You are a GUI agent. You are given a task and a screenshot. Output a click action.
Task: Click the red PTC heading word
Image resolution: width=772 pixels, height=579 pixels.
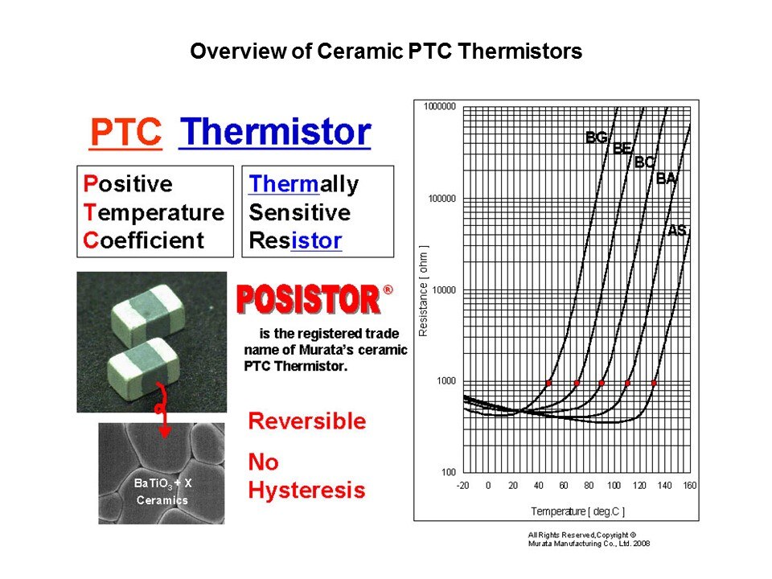126,132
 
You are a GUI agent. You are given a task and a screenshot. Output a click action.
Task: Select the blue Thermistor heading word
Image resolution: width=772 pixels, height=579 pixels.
275,132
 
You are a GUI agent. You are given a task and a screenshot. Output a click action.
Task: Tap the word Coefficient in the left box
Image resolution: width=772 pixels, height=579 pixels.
143,240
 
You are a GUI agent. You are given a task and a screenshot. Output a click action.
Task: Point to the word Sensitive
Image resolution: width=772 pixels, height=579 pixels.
299,212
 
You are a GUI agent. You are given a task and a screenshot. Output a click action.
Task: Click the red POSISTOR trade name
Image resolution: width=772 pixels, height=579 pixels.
309,299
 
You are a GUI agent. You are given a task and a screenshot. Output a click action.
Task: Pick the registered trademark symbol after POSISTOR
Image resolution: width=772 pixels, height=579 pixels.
388,290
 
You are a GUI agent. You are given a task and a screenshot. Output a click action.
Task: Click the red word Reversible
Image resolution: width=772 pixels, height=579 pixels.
306,421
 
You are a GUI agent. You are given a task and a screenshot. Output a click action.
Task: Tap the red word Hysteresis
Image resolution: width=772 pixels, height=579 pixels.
306,491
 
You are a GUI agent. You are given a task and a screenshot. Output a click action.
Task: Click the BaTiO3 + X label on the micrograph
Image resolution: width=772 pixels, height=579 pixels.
163,483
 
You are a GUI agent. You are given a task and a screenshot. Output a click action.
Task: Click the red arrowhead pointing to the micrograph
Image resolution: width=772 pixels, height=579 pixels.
164,432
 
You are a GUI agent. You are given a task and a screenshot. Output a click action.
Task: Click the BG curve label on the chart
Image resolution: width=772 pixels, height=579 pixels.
596,138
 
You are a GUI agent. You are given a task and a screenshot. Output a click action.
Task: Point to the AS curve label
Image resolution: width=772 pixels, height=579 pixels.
676,230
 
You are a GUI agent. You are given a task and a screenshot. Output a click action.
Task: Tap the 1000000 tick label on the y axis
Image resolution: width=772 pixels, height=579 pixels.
440,106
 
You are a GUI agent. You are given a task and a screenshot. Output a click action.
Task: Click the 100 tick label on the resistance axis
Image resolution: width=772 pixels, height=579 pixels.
449,472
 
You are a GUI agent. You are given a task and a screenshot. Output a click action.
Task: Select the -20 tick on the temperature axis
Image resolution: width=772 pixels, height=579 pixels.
463,486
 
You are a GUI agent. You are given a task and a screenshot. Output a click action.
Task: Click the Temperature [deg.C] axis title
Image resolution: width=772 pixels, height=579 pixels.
578,511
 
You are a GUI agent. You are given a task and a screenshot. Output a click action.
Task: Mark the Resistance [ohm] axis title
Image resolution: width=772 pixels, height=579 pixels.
423,291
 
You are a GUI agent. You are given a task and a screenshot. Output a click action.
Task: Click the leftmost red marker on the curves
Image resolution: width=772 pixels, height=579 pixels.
548,383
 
